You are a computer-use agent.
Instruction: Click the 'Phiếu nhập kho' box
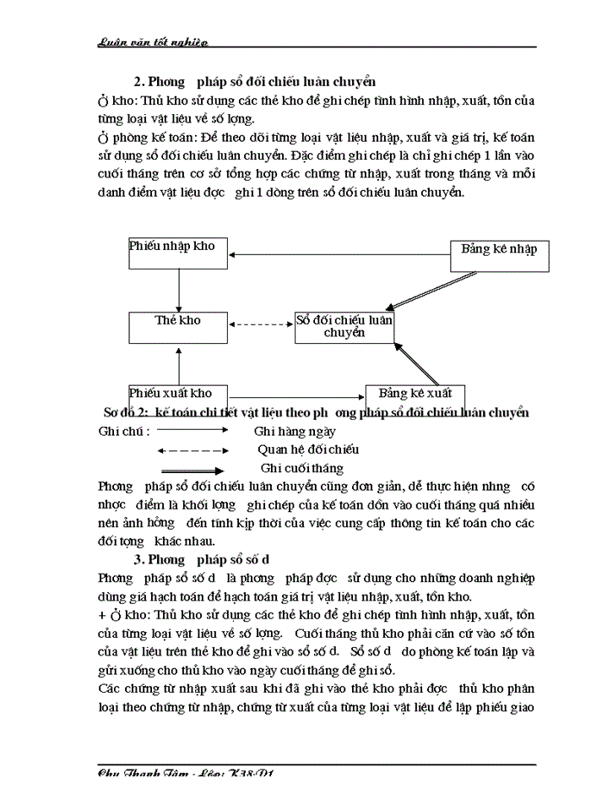[x=178, y=253]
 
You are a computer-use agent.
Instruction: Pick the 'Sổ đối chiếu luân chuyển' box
[x=344, y=327]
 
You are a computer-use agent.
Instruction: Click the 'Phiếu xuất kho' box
[x=178, y=393]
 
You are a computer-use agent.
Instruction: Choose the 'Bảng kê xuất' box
[x=415, y=393]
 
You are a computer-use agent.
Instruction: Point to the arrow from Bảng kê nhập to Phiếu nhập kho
[x=338, y=254]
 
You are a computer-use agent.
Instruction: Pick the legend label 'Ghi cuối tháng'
[x=302, y=468]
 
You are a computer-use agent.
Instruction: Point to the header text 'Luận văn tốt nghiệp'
[x=153, y=41]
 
